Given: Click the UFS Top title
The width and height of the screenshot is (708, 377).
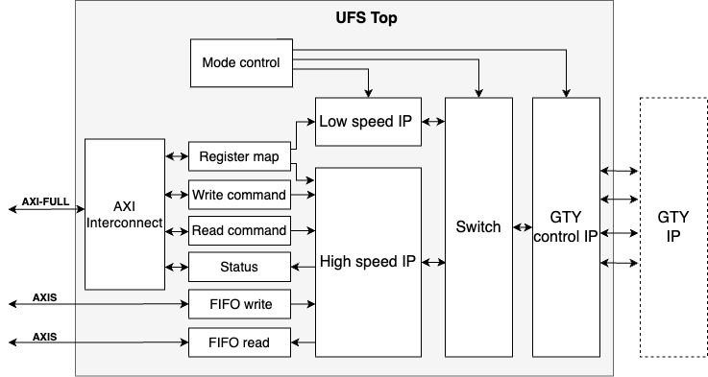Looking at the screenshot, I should (344, 17).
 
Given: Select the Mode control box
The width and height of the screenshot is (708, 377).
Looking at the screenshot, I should (241, 63).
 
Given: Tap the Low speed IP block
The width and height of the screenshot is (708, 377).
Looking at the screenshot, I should (368, 121).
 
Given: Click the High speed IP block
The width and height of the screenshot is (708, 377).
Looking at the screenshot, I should (368, 261).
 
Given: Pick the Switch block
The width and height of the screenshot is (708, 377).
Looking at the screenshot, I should (478, 227).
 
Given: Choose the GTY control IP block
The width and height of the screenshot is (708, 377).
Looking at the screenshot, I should (566, 227).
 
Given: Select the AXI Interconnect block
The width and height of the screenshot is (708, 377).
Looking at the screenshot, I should (124, 214).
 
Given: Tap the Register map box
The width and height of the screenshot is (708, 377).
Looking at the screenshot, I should (238, 156).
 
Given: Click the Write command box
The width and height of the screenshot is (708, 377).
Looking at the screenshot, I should (238, 195).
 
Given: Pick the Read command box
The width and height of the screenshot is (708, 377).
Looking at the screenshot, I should (238, 230).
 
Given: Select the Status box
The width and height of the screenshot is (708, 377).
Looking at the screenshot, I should (238, 266).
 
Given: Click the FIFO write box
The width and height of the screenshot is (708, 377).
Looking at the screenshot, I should (238, 304).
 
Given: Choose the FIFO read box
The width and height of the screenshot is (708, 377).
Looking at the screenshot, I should (238, 342).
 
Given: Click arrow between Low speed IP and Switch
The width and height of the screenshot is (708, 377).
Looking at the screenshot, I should (433, 121).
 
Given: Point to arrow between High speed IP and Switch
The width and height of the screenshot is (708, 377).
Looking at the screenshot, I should (433, 261).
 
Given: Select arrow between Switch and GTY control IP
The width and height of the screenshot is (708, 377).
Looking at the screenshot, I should (521, 227).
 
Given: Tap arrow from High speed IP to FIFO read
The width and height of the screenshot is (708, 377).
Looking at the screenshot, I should (303, 342).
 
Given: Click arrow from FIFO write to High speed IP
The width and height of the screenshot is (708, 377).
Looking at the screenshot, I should (303, 304).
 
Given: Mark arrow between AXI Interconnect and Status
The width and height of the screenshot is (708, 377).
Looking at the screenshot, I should (176, 266).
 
